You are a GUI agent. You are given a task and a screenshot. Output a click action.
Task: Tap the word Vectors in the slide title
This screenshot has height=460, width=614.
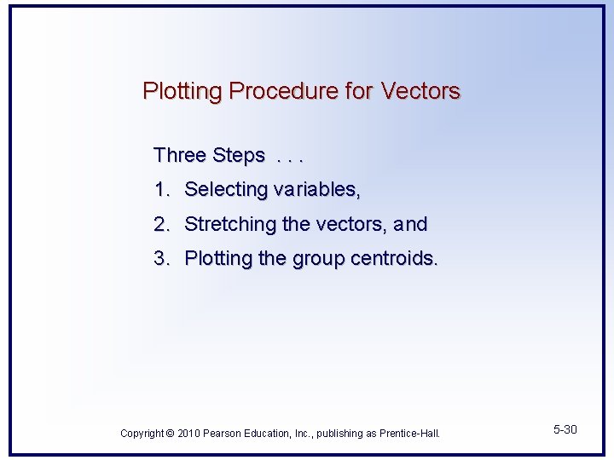point(420,90)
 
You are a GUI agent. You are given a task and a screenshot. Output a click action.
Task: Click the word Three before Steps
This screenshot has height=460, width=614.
point(180,155)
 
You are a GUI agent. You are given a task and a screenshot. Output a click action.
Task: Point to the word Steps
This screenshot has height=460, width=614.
point(238,156)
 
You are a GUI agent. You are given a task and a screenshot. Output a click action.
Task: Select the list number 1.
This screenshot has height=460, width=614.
point(159,189)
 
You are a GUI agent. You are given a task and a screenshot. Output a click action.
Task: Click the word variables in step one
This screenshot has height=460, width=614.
point(316,189)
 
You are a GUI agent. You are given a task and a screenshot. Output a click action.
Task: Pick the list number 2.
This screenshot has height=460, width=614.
point(160,224)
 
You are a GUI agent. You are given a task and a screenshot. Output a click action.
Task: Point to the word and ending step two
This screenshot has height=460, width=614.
point(410,224)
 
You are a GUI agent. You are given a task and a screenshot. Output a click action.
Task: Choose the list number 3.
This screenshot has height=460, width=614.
point(160,258)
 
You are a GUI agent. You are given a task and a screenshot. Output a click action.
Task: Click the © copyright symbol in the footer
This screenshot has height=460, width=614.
point(171,434)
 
